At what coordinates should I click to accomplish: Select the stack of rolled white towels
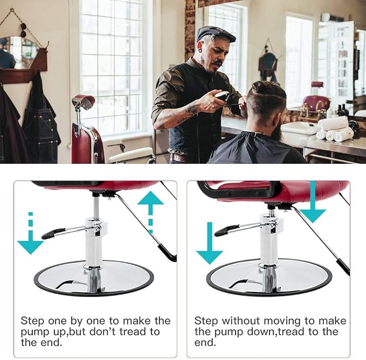click(334, 129)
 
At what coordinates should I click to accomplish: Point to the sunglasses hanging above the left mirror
click(23, 30)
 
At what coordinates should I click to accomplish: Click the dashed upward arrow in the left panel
click(150, 212)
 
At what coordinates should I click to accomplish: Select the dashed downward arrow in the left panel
click(31, 233)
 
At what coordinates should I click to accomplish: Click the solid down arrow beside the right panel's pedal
click(210, 243)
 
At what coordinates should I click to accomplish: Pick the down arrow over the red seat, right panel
click(312, 202)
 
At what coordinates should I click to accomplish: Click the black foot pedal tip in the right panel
click(226, 231)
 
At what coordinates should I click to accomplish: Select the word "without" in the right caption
click(240, 321)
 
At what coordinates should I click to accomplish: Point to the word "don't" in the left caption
click(102, 331)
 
